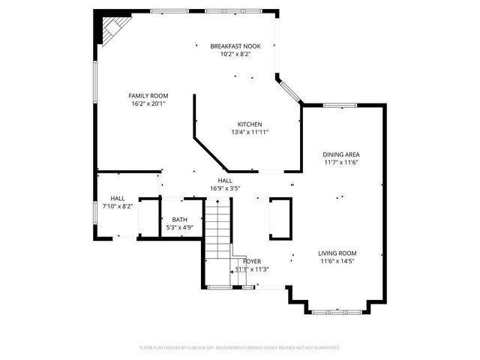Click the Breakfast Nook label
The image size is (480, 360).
tap(235, 46)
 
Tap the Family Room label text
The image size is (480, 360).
tap(148, 96)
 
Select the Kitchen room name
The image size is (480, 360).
tap(250, 124)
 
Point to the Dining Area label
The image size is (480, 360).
tap(341, 154)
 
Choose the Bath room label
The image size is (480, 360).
tap(180, 220)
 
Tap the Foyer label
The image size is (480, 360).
tap(251, 261)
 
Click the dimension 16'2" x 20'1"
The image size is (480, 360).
tap(148, 103)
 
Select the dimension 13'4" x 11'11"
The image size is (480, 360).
tap(250, 132)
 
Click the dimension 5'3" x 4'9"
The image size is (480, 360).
tap(180, 227)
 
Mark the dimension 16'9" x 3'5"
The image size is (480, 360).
tap(225, 189)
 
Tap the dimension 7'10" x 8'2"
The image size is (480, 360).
tap(118, 206)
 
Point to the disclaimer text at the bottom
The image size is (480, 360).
tap(240, 347)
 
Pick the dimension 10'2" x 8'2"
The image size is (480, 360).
tap(235, 54)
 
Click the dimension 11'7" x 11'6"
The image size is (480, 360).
tap(341, 162)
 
